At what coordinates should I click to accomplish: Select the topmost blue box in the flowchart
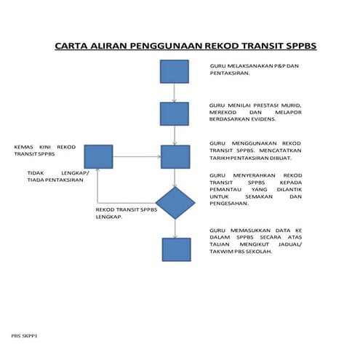click(x=175, y=72)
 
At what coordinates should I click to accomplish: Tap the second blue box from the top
click(x=175, y=113)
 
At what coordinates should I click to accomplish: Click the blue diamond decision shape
click(x=175, y=203)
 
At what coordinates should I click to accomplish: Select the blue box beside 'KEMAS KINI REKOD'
click(x=98, y=156)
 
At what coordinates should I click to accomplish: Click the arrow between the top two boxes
click(x=175, y=93)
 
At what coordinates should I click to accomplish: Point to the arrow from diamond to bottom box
click(x=175, y=228)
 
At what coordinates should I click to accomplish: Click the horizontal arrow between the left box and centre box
click(x=136, y=156)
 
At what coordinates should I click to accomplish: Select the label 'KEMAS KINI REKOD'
click(x=44, y=147)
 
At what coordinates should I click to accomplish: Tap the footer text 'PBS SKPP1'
click(x=24, y=337)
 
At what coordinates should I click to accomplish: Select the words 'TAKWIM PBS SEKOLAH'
click(x=240, y=261)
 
